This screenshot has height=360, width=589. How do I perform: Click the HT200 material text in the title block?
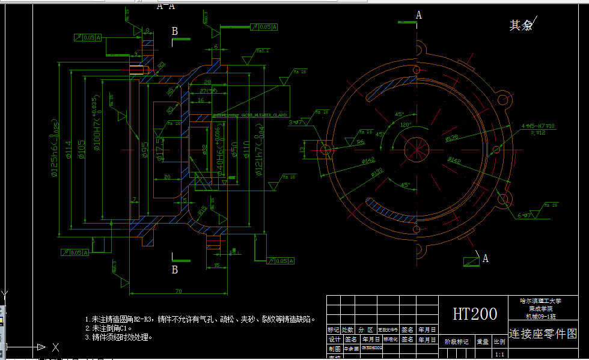pos(475,314)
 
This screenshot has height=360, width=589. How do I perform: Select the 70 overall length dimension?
pos(179,291)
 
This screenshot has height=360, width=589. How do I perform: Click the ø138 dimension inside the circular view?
pos(451,138)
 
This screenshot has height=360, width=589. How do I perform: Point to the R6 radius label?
pos(361,142)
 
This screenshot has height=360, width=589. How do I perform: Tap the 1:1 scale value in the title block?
pos(499,355)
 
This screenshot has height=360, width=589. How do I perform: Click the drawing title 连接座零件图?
pos(543,334)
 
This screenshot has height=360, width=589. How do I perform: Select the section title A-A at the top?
pos(166,7)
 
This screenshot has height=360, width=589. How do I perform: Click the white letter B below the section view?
pos(175,270)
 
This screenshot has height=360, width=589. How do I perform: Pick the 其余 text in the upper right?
pos(520,25)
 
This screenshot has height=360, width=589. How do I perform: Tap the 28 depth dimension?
pos(207,82)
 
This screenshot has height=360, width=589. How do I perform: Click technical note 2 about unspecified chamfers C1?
pos(109,328)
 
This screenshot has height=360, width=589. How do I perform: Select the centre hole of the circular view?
pos(414,148)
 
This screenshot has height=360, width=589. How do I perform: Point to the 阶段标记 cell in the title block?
pos(456,341)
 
